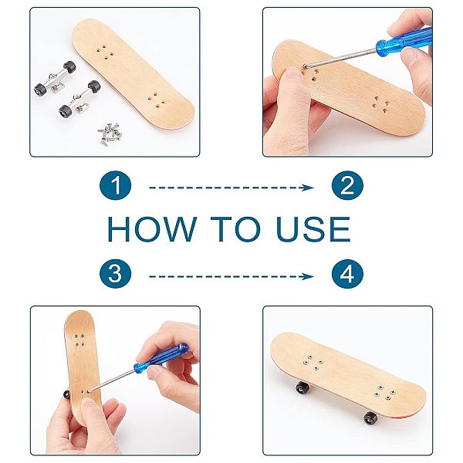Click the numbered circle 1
pyautogui.click(x=115, y=185)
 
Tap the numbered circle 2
pyautogui.click(x=347, y=185)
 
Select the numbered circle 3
pyautogui.click(x=115, y=274)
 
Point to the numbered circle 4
pyautogui.click(x=347, y=274)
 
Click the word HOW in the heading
pyautogui.click(x=152, y=229)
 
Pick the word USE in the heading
pyautogui.click(x=313, y=229)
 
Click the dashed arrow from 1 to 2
pyautogui.click(x=231, y=188)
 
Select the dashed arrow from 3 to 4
pyautogui.click(x=231, y=276)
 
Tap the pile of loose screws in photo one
pyautogui.click(x=110, y=133)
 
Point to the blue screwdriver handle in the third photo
pyautogui.click(x=161, y=358)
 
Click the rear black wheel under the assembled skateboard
pyautogui.click(x=302, y=387)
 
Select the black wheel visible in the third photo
pyautogui.click(x=66, y=394)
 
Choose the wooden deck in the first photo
pyautogui.click(x=133, y=74)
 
